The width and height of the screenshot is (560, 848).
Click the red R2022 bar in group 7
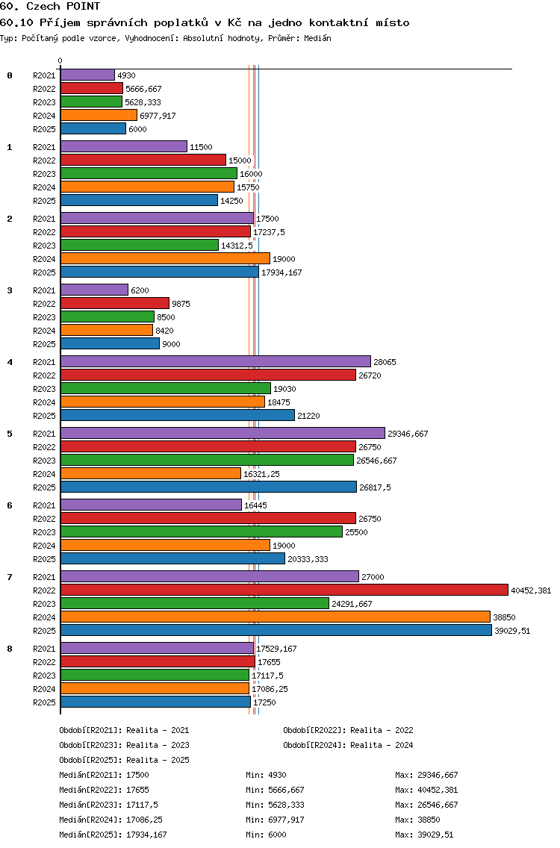tap(284, 590)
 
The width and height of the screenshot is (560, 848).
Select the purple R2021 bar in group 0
tap(87, 75)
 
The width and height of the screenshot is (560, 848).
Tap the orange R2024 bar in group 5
tap(150, 474)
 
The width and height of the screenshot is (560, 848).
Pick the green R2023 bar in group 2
tap(140, 246)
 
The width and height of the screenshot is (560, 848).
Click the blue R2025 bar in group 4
tap(178, 415)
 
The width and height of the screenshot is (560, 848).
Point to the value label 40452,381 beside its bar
tap(531, 590)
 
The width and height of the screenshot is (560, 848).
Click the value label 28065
tap(385, 362)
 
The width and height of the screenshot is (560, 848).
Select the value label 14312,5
tap(237, 246)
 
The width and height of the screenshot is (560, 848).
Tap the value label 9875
tap(181, 304)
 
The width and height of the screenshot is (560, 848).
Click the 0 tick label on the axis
tap(60, 60)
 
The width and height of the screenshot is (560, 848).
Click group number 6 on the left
tap(10, 505)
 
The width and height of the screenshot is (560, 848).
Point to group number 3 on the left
tap(10, 290)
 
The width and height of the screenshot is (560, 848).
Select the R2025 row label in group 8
tap(44, 702)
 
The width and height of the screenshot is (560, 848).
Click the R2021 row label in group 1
tap(44, 147)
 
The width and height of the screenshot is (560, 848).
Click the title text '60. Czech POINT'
tap(50, 7)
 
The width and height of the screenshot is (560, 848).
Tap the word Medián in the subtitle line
tap(317, 38)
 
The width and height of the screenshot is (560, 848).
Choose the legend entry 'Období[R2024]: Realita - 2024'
tap(348, 745)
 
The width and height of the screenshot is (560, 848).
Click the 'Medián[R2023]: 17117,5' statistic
tap(109, 805)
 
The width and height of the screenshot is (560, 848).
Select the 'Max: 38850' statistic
tap(417, 820)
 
